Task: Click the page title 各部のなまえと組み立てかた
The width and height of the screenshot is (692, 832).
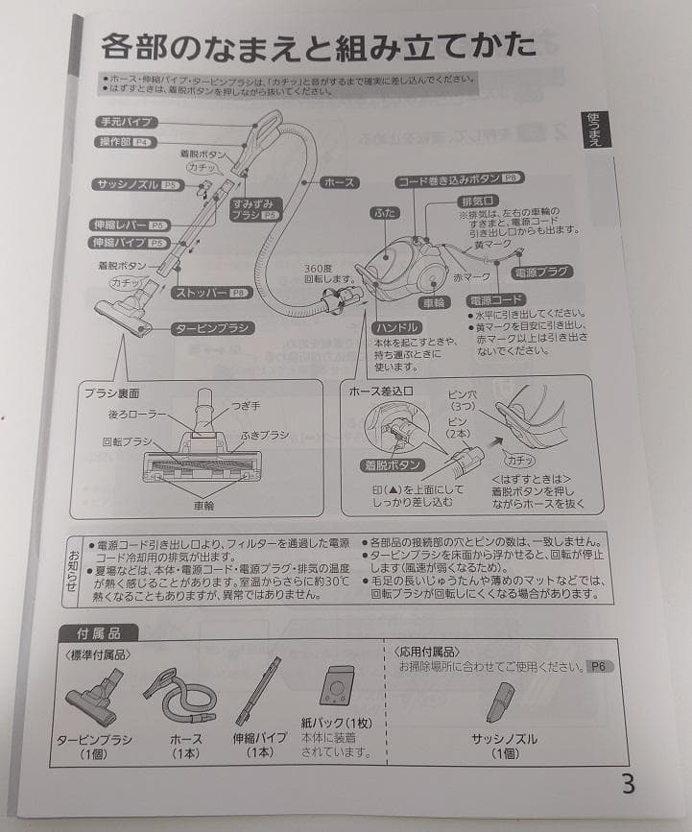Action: coord(318,46)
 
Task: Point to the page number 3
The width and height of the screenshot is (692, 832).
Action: coord(628,783)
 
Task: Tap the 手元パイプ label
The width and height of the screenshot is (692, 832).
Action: coord(127,123)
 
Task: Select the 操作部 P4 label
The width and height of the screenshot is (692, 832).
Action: coord(126,142)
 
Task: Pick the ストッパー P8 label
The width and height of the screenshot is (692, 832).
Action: coord(210,292)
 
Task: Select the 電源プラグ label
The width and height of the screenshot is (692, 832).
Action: coord(542,273)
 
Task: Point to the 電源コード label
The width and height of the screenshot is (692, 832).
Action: coord(495,299)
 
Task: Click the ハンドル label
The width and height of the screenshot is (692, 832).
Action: coord(395,328)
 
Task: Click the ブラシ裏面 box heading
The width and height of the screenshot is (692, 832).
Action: coord(113,392)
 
